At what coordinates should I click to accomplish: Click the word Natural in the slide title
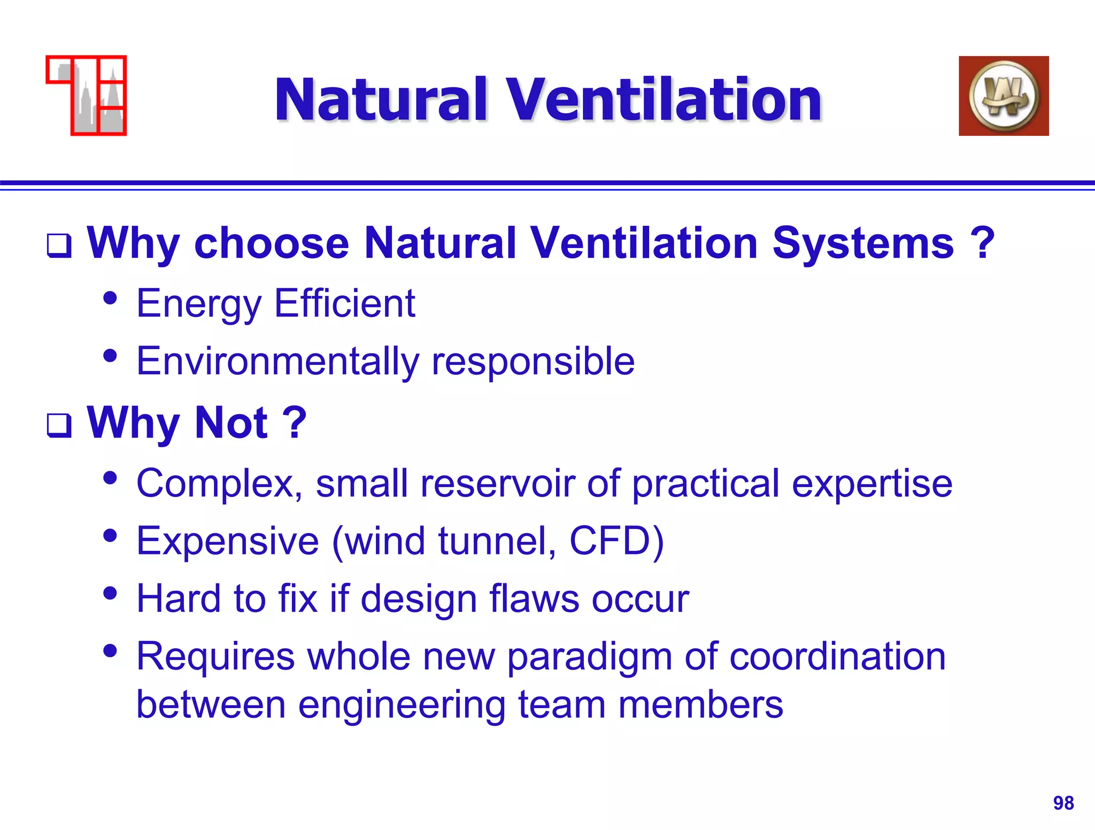(x=381, y=100)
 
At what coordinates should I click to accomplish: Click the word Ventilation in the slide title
(x=663, y=100)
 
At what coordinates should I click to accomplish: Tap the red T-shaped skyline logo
(x=87, y=95)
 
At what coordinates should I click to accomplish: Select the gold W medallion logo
(x=1004, y=96)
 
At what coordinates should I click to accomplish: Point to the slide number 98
(x=1063, y=803)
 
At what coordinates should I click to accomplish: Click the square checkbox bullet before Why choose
(x=59, y=246)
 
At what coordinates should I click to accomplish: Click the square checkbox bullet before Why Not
(x=59, y=426)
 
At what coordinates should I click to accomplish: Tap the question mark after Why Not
(x=295, y=422)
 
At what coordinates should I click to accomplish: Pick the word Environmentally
(x=277, y=362)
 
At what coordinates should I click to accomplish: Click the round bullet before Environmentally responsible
(x=110, y=356)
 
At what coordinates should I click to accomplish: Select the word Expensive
(x=228, y=541)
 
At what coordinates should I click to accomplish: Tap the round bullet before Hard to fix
(x=110, y=593)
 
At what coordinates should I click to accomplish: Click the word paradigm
(x=589, y=657)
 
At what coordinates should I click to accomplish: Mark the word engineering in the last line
(x=401, y=705)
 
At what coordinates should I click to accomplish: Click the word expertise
(x=872, y=483)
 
